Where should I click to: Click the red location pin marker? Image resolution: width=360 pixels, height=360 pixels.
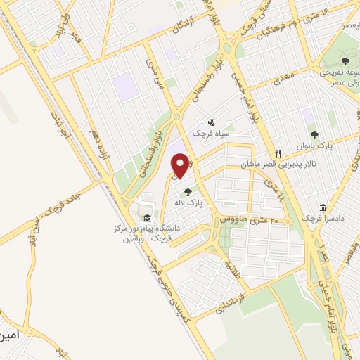click(x=181, y=165)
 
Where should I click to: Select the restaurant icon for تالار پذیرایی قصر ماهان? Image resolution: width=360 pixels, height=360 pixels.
click(x=278, y=153)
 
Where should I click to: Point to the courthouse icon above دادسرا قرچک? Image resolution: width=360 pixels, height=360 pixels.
click(x=322, y=208)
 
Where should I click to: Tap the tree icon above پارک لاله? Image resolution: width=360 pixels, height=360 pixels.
click(x=187, y=191)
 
